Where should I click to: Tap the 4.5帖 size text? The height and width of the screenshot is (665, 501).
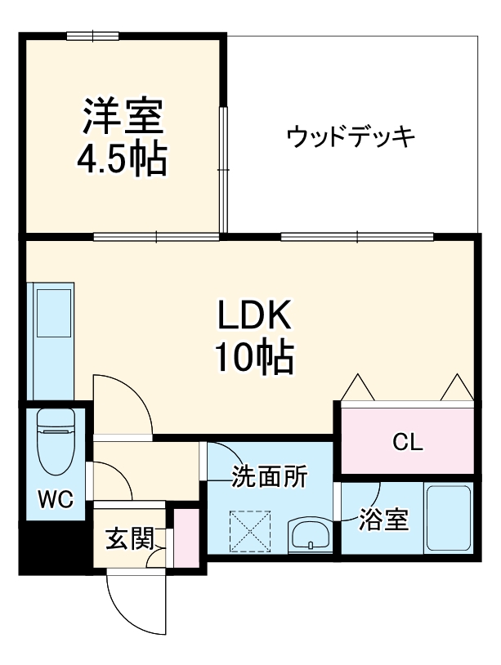(123, 160)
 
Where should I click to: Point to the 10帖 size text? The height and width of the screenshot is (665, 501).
(254, 356)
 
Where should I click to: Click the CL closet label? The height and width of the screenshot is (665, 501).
(407, 443)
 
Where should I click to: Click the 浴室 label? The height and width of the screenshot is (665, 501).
(385, 520)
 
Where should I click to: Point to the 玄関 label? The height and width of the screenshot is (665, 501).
(130, 538)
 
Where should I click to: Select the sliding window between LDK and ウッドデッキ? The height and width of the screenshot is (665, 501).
(356, 237)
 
